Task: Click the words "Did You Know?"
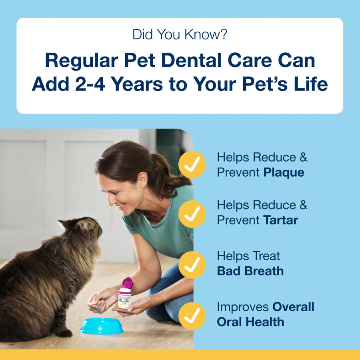tap(180, 35)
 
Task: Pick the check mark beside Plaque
tap(192, 164)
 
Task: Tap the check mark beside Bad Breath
tap(192, 264)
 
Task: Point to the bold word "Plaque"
tap(284, 172)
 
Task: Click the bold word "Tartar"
tap(281, 220)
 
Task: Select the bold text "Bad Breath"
tap(250, 271)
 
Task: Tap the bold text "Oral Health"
tap(250, 322)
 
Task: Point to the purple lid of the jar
tap(128, 283)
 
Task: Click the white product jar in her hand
tap(124, 298)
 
